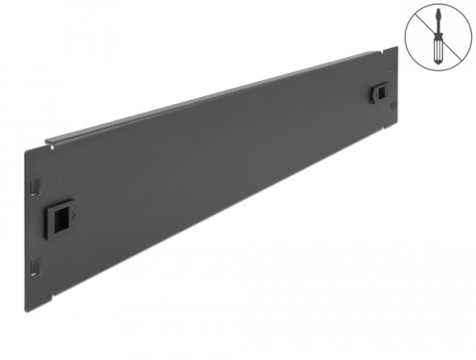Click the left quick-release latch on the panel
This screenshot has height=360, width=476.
coord(60,213)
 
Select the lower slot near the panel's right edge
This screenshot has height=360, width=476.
coord(392,112)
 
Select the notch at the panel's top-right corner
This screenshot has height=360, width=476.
coord(393,50)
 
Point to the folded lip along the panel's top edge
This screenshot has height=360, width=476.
coord(214,99)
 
